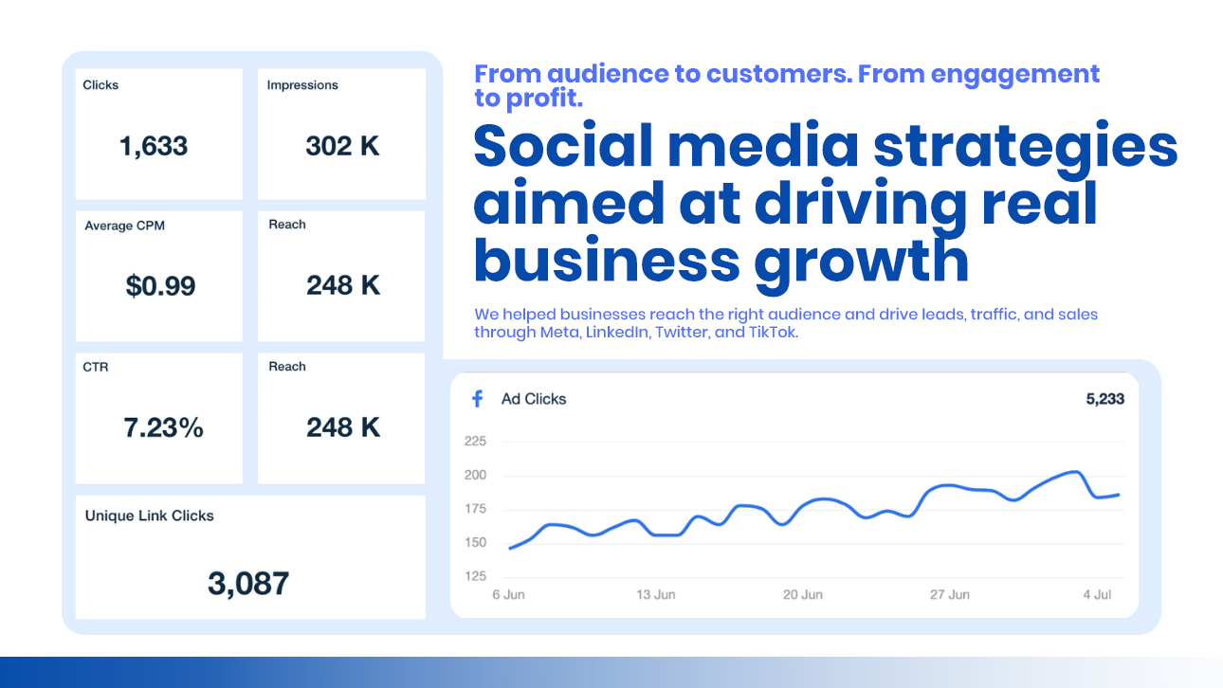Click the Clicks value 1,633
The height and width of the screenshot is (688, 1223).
[154, 146]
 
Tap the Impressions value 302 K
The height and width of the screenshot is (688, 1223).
[342, 146]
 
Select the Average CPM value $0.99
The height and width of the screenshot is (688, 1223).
[160, 285]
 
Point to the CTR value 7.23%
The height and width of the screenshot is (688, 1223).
[163, 427]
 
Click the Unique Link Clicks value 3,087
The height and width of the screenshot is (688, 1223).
[248, 583]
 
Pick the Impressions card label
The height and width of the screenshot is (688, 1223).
[302, 85]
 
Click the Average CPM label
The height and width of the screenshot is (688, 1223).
[125, 226]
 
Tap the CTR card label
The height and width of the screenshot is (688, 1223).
[96, 367]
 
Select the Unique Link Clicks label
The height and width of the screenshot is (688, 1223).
[150, 516]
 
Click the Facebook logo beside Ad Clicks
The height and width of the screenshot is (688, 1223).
[478, 399]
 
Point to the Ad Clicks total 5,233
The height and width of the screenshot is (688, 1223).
[1104, 399]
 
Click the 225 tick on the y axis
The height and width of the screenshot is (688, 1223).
[475, 442]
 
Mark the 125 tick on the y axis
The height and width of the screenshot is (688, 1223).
[475, 576]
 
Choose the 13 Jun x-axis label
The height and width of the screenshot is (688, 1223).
[656, 595]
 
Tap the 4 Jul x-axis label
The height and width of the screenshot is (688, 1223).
[1098, 595]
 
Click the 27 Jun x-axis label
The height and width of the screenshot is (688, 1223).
[950, 595]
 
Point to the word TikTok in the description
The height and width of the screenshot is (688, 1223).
[773, 332]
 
